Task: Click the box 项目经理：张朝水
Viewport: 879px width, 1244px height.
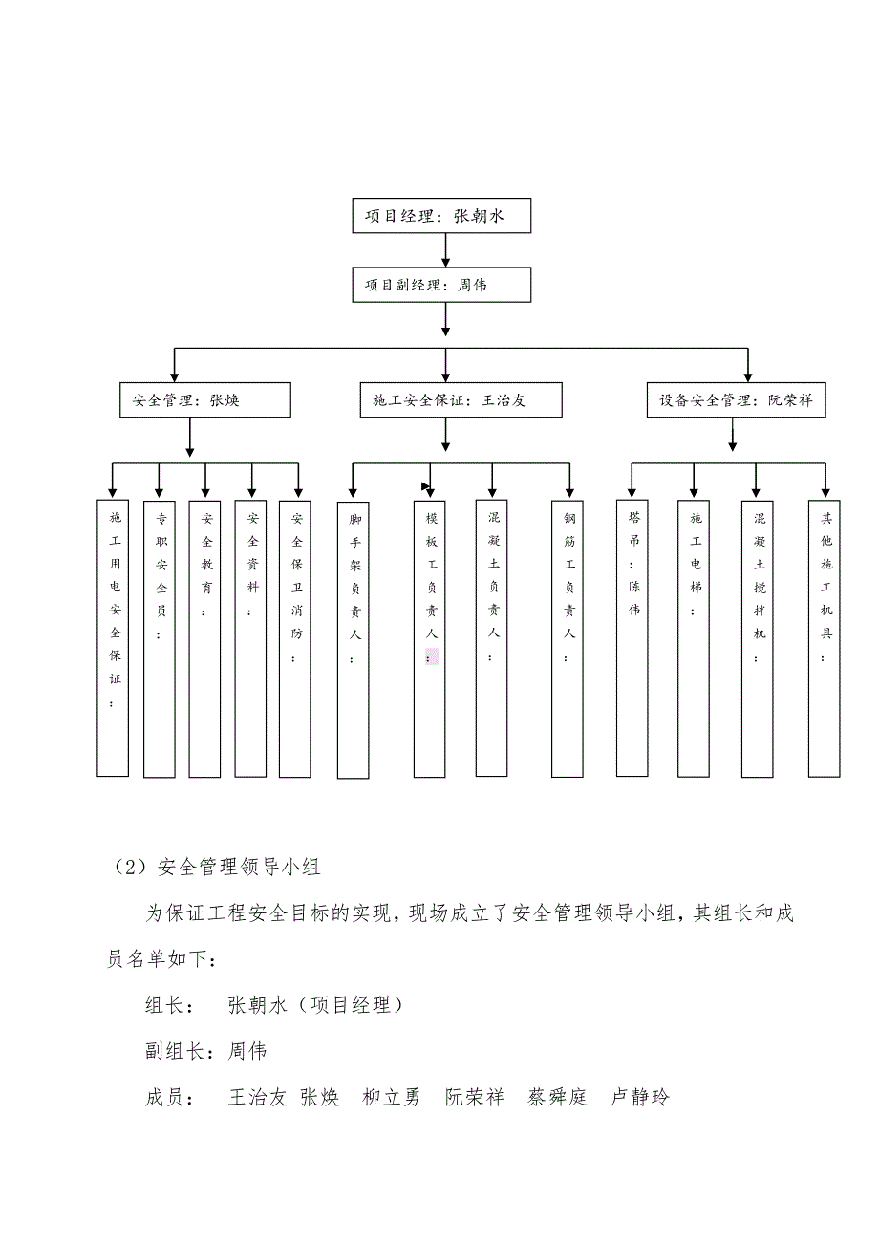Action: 440,216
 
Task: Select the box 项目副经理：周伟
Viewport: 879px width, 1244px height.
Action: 440,285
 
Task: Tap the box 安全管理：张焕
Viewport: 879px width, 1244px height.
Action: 204,400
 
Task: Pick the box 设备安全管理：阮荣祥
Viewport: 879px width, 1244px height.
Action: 736,400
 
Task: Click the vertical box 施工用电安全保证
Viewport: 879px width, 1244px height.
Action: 113,636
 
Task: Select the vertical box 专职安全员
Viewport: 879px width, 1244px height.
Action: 160,636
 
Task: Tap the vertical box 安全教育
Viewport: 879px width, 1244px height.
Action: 204,636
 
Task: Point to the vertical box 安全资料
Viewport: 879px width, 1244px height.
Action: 251,636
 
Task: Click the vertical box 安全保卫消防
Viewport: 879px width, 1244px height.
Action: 296,636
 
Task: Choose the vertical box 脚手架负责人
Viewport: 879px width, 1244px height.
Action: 354,636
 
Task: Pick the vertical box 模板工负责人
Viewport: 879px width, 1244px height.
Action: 430,636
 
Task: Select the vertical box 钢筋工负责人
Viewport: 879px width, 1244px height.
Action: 568,636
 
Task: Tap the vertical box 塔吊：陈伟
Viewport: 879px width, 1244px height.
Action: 632,636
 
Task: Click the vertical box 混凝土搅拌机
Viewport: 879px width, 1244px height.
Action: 758,636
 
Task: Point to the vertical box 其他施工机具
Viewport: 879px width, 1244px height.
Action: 825,636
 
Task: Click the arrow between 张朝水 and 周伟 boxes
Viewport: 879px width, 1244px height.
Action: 445,250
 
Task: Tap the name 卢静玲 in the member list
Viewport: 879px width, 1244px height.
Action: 640,1097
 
